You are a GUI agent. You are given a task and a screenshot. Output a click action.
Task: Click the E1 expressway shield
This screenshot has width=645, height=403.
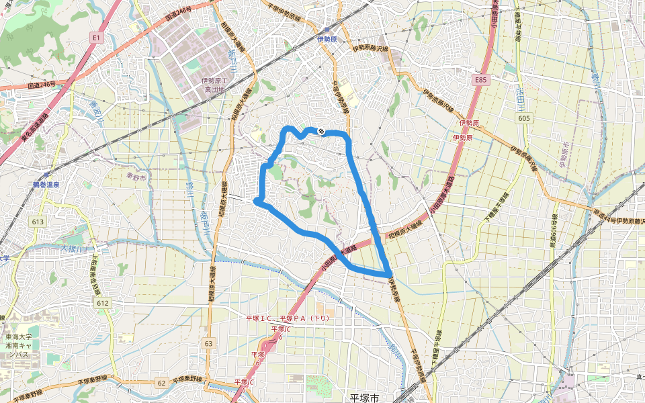click(x=96, y=39)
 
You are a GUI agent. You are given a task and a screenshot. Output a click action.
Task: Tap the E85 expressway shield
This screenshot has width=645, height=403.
click(x=479, y=80)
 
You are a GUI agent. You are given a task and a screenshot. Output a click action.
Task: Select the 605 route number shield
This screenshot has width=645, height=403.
click(x=525, y=118)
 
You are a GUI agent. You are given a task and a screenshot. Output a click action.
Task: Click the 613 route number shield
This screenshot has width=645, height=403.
click(x=37, y=221)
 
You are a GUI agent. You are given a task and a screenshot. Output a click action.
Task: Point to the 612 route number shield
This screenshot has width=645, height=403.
click(x=102, y=304)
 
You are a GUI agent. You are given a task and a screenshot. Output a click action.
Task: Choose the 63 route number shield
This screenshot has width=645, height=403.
click(x=209, y=344)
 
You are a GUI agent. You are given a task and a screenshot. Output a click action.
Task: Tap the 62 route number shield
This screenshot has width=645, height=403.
click(x=161, y=383)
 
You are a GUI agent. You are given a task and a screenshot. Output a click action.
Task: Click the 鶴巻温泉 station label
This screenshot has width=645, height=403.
click(x=46, y=184)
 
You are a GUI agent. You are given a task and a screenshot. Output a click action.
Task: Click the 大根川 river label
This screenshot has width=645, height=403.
click(x=75, y=249)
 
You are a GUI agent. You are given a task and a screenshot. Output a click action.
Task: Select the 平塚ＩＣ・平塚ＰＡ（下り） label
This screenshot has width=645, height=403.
click(x=287, y=318)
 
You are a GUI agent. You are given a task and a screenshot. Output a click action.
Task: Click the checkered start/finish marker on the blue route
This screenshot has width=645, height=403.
click(x=321, y=131)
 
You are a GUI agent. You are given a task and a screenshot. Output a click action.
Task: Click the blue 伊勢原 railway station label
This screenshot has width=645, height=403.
click(x=327, y=38)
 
